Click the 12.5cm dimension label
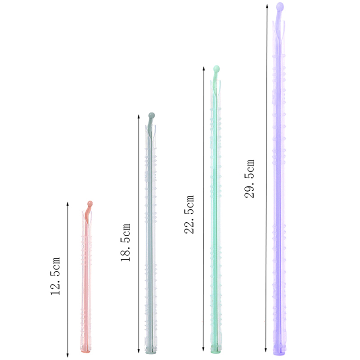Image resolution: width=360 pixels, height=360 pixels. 55,276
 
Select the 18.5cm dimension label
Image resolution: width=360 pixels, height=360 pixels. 126,242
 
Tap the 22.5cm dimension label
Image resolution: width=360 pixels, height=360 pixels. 189,215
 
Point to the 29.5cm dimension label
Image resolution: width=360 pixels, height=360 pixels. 249,178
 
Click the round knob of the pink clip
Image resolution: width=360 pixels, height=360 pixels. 90,203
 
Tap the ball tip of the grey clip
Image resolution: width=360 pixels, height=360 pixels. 152,115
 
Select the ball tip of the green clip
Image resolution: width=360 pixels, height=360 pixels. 216,68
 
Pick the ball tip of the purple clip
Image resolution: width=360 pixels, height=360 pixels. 280,6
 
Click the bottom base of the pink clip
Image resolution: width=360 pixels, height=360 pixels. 86,351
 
